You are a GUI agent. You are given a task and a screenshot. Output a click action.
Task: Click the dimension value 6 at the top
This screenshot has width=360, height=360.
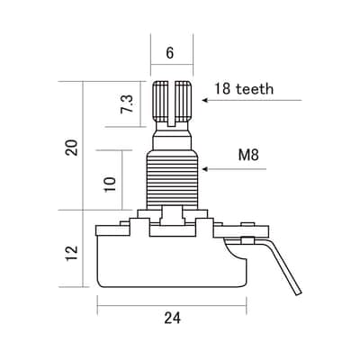(170, 53)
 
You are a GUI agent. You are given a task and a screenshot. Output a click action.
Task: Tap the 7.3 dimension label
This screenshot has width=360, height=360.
(127, 103)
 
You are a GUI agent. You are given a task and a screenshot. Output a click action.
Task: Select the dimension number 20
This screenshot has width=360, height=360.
(72, 147)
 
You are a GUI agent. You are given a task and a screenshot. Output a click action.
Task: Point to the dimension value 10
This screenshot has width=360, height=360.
(110, 184)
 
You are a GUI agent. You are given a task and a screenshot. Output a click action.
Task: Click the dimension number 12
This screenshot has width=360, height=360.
(72, 254)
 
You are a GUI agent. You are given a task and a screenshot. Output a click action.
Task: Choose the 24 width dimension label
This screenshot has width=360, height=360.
(173, 318)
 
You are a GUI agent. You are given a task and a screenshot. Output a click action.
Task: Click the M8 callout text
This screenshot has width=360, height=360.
(248, 155)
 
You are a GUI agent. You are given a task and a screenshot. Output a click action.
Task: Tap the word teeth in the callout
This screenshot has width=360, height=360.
(255, 89)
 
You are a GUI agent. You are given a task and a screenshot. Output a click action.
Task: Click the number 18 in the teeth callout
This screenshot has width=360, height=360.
(222, 89)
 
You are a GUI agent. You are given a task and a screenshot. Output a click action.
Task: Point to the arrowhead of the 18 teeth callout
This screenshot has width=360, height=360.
(204, 100)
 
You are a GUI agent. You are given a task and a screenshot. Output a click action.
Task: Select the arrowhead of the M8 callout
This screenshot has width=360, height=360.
(204, 169)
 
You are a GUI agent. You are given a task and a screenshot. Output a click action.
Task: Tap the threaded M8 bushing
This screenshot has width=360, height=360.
(173, 181)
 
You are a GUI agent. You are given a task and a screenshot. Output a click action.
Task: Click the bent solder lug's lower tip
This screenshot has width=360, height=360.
(299, 294)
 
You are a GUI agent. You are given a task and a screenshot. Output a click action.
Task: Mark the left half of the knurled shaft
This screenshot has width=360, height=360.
(161, 101)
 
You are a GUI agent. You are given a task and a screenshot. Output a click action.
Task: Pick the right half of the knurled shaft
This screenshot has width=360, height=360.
(183, 101)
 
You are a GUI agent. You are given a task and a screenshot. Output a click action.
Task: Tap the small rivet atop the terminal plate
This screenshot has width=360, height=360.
(247, 224)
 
